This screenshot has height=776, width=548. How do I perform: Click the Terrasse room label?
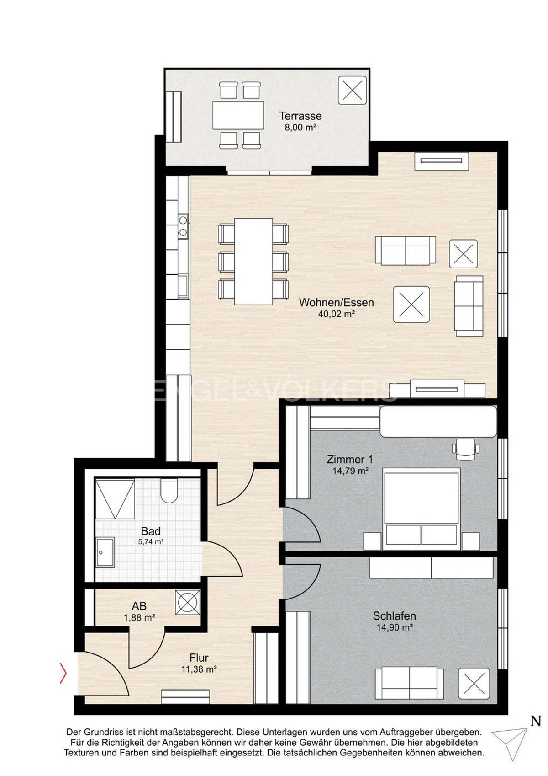[300, 115]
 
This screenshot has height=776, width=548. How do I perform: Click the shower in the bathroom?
[115, 499]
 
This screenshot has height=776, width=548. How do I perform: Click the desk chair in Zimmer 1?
[466, 449]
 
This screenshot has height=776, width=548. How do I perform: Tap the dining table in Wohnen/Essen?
[253, 262]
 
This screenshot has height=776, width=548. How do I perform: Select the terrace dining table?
[238, 115]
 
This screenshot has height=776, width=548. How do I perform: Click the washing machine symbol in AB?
[188, 602]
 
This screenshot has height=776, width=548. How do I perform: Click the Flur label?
[199, 658]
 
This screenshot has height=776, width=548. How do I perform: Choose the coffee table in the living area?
[411, 305]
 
